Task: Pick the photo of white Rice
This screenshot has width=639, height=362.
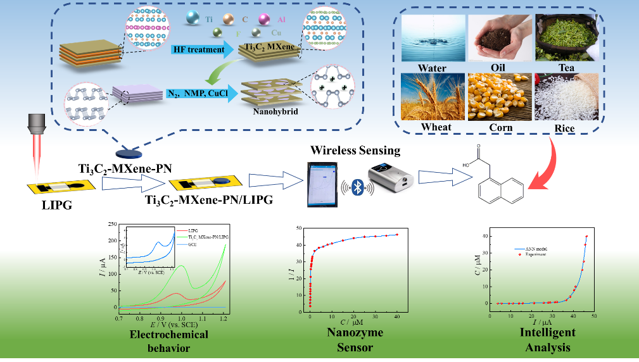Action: coord(564,97)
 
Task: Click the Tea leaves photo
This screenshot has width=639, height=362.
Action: coord(564,37)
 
